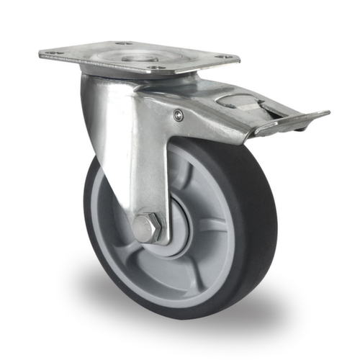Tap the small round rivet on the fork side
[178, 115]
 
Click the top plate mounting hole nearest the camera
[154, 68]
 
